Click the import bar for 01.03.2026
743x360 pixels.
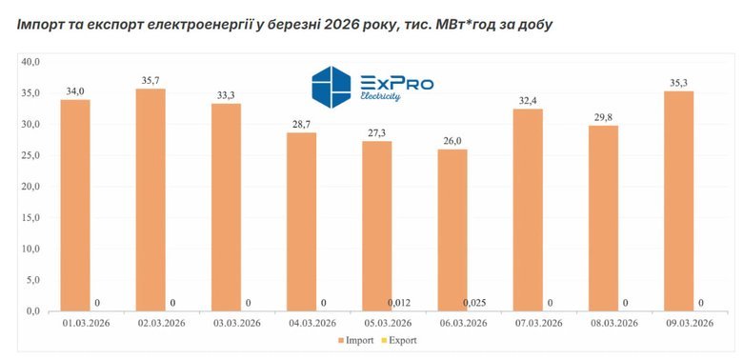pos(75,205)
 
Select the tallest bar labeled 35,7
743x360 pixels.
pos(151,200)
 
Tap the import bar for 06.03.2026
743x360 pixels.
pos(452,230)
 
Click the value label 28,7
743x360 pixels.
pos(301,124)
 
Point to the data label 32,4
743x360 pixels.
pos(528,100)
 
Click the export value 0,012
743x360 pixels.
pos(399,303)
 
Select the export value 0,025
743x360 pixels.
pos(474,303)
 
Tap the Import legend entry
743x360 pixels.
pos(355,339)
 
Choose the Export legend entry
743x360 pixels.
pos(404,339)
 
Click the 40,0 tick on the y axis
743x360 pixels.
pos(30,62)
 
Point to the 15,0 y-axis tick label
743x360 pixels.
pos(30,218)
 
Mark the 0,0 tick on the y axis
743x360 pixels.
pos(32,311)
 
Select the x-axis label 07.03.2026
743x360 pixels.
pos(537,324)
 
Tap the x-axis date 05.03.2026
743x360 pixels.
pos(386,324)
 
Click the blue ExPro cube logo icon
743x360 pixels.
pos(331,85)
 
